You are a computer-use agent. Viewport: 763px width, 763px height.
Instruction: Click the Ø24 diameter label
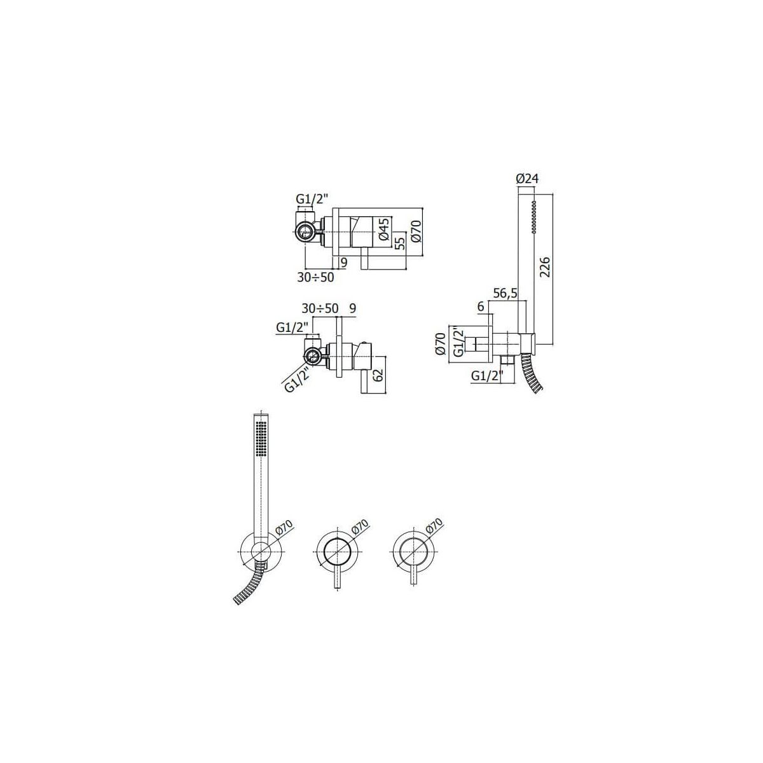(527, 179)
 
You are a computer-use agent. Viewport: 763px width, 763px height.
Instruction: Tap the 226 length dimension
(544, 268)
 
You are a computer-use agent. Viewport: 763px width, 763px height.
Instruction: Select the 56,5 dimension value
(505, 293)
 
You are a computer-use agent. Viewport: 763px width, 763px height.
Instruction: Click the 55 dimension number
(401, 242)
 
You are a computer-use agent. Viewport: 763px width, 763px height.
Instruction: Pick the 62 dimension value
(378, 375)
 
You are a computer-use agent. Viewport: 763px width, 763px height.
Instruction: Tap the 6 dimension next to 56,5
(481, 306)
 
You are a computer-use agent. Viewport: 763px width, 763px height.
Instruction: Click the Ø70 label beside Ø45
(416, 230)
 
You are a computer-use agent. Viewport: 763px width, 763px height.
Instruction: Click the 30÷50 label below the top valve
(315, 277)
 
